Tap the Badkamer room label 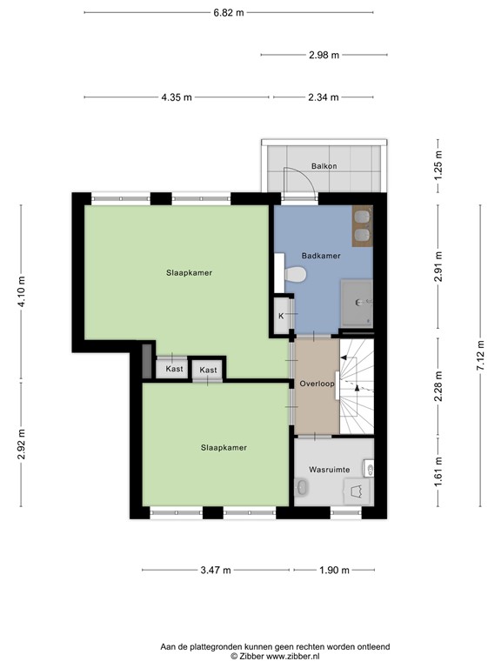320,257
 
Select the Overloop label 317,384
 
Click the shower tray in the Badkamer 357,303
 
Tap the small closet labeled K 281,315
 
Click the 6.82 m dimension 229,12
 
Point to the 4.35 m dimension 177,97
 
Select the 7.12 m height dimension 479,357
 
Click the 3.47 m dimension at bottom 215,571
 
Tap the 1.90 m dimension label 333,571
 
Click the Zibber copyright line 275,658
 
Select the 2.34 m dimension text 323,97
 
